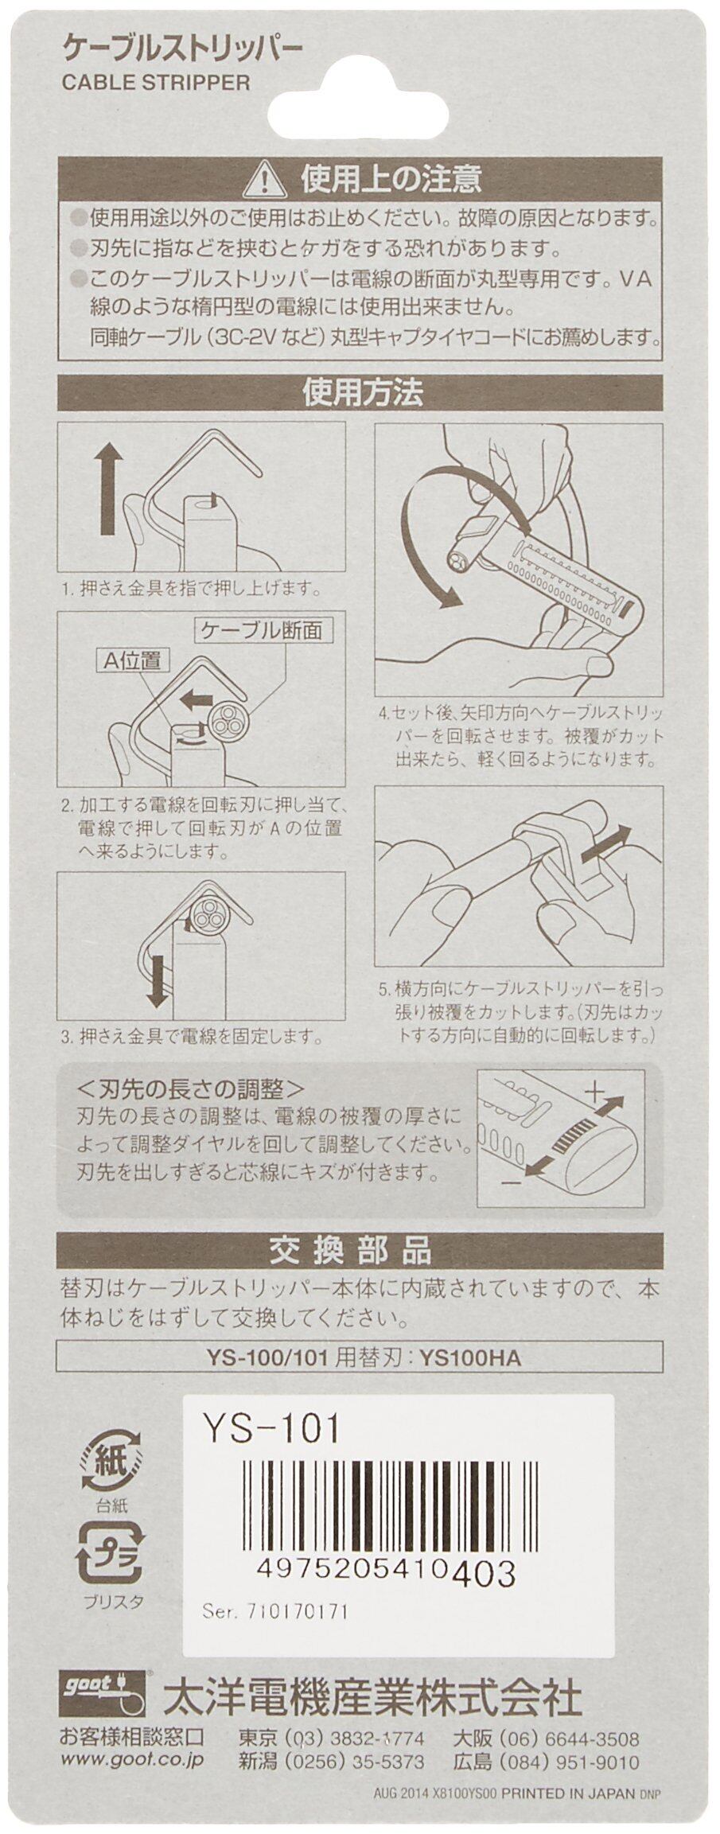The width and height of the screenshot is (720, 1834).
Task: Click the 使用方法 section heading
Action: (362, 394)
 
